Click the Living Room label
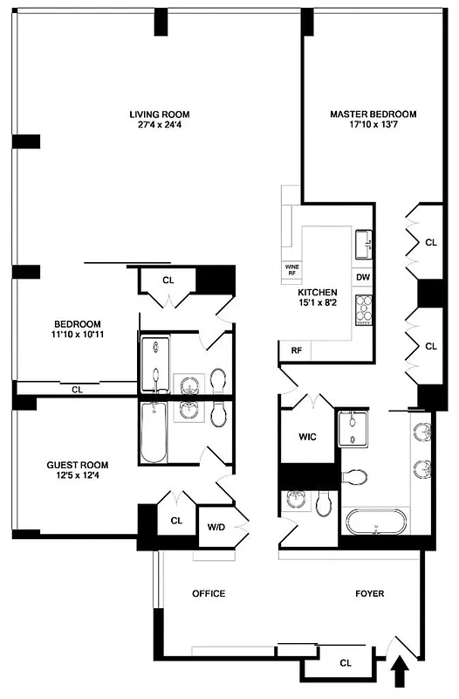(159, 114)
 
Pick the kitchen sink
(364, 241)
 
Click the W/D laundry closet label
(215, 527)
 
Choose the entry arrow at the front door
(401, 675)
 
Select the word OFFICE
(209, 594)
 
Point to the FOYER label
(370, 594)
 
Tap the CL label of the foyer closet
(345, 663)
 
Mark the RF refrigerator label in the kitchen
(297, 350)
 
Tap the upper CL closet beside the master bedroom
(430, 243)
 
